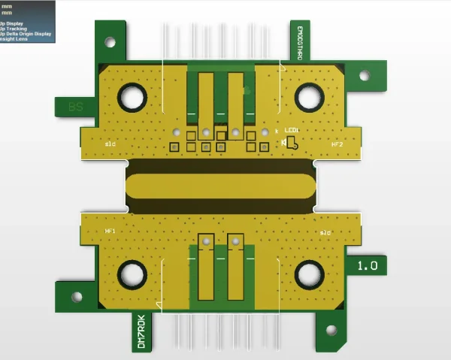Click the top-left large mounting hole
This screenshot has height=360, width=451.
(x=133, y=96)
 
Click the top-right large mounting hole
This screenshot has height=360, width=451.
(x=308, y=96)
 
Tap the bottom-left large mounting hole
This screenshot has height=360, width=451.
(x=133, y=274)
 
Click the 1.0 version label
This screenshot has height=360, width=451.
(x=368, y=265)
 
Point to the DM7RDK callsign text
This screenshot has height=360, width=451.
(x=140, y=332)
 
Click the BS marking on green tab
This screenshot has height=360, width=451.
(x=76, y=107)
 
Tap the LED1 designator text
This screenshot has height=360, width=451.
(x=292, y=129)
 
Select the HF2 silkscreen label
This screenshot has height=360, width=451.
(x=337, y=144)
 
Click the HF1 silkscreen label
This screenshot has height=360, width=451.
(x=110, y=231)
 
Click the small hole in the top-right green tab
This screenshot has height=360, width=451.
(x=364, y=76)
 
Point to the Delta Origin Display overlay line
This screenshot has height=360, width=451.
(x=26, y=34)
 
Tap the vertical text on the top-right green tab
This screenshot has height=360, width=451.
(x=298, y=43)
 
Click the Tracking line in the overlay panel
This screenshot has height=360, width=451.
(x=15, y=29)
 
